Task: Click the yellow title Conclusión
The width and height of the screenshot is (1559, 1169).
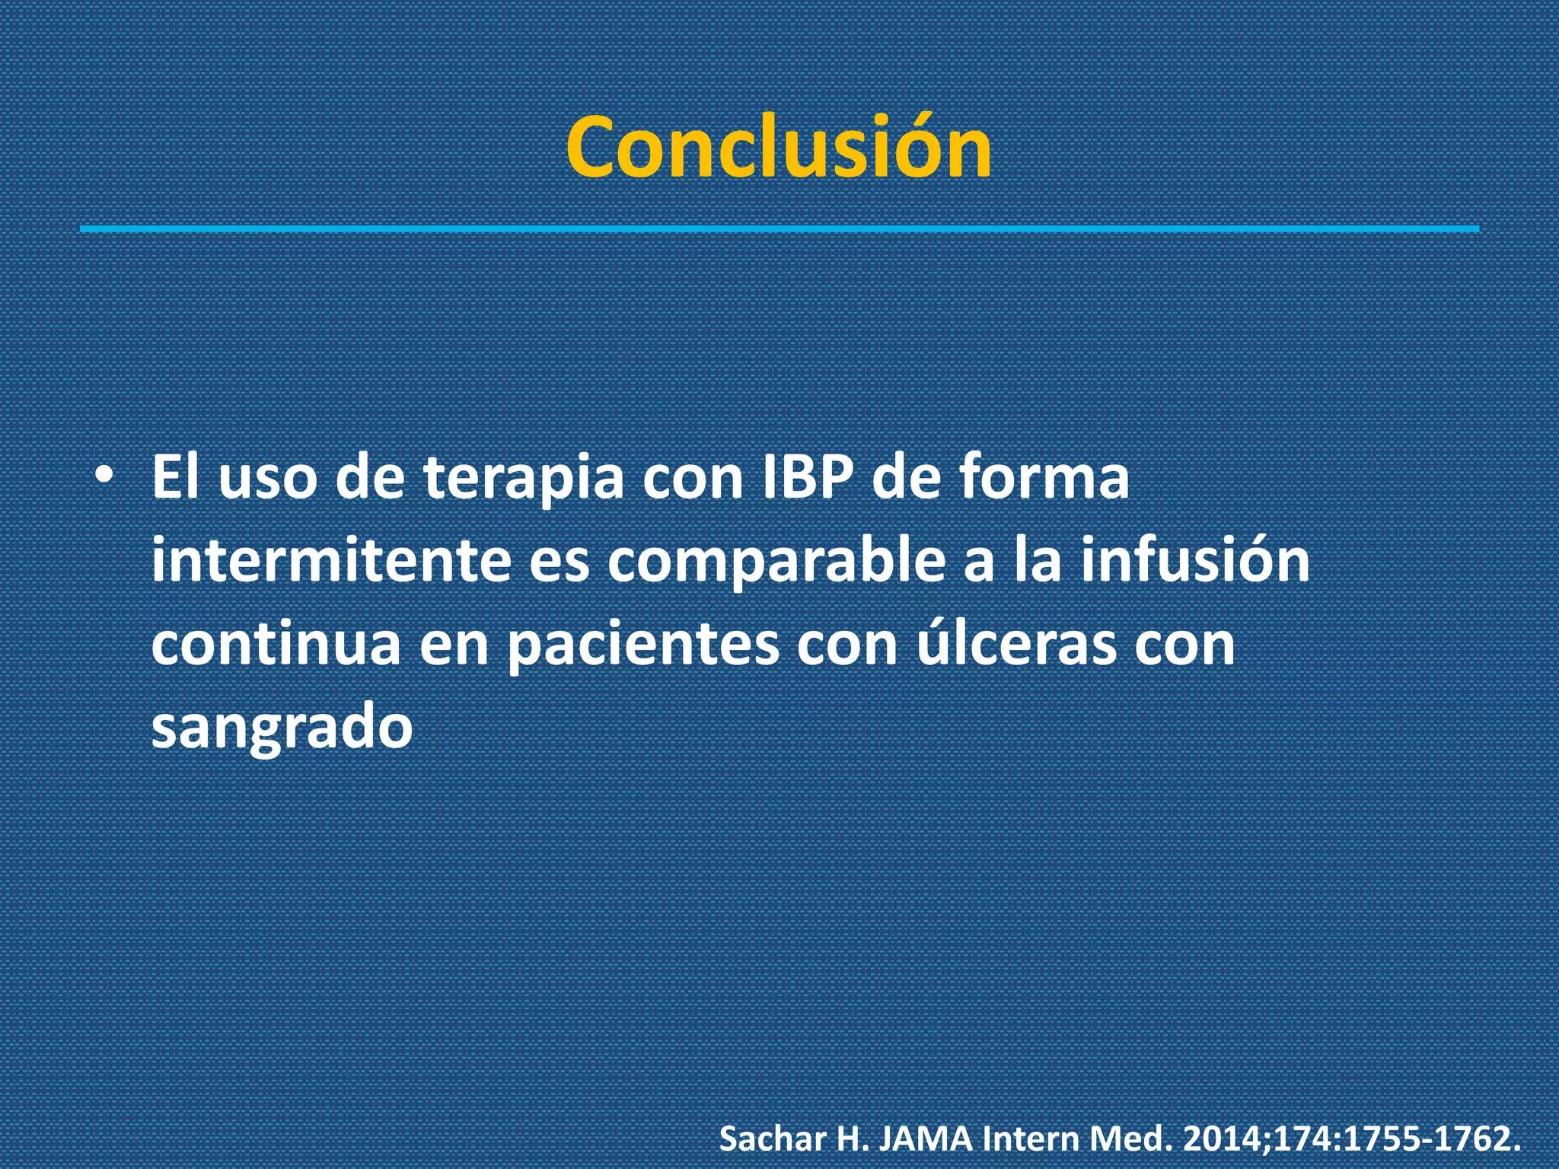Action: [x=779, y=147]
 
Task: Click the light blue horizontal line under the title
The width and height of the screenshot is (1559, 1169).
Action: [x=779, y=228]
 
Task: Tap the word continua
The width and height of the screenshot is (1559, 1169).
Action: [x=276, y=645]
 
